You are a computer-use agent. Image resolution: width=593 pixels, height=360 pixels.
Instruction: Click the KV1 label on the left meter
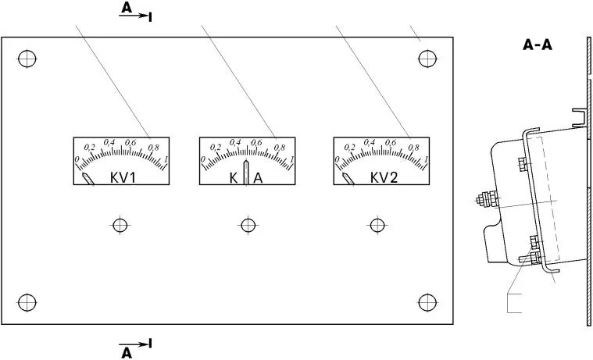click(123, 177)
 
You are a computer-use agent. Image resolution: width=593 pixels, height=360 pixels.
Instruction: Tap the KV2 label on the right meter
click(384, 177)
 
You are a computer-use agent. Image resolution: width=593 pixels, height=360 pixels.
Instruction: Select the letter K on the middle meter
click(234, 178)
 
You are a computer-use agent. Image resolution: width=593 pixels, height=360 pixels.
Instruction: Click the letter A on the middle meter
click(258, 178)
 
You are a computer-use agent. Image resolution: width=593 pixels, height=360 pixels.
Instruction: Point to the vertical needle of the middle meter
click(246, 172)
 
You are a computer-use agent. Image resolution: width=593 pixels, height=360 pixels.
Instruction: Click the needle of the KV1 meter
click(88, 179)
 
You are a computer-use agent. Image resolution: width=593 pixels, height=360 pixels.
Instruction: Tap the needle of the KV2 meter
click(348, 179)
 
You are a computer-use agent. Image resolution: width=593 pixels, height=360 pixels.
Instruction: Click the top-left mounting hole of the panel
click(27, 59)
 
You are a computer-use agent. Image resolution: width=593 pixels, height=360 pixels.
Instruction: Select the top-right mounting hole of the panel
click(427, 59)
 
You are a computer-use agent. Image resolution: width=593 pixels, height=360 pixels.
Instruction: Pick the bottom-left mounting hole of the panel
click(27, 302)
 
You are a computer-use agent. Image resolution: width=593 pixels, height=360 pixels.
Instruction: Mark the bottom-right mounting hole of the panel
click(427, 302)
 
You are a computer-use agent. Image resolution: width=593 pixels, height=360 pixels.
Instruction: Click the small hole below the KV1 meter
click(120, 226)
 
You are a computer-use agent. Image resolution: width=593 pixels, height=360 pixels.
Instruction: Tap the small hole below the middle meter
click(248, 226)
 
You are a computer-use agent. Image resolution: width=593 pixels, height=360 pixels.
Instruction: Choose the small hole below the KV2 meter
click(377, 226)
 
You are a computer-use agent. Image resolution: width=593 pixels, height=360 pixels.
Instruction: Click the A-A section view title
click(538, 45)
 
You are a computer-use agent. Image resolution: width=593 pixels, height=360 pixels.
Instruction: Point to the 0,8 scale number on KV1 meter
click(154, 147)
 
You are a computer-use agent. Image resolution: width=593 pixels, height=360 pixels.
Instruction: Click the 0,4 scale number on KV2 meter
click(370, 142)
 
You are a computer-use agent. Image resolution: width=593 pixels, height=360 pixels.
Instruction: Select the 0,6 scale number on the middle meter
click(256, 142)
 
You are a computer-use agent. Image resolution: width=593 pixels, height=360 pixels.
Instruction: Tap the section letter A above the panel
click(127, 8)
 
